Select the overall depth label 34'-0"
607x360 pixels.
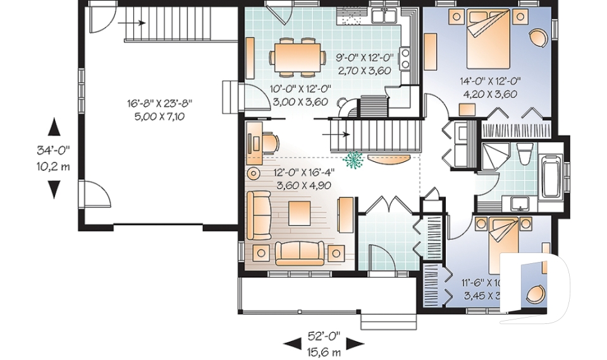[53, 152]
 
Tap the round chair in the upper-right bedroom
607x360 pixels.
[539, 38]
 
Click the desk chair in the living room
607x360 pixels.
[271, 141]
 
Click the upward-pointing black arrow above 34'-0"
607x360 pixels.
[54, 127]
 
